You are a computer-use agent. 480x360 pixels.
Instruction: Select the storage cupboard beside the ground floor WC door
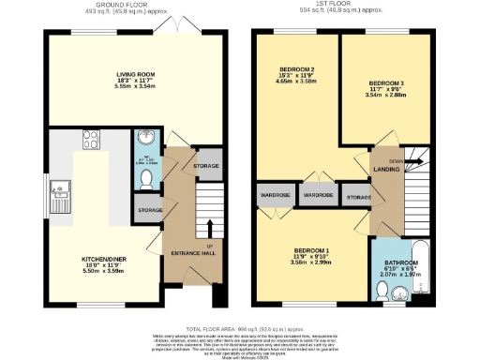coord(205,166)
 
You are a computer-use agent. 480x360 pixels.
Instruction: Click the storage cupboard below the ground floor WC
coord(150,211)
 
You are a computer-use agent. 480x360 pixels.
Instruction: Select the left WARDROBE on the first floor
coord(275,197)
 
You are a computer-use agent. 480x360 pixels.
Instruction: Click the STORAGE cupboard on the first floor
coord(358,197)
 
